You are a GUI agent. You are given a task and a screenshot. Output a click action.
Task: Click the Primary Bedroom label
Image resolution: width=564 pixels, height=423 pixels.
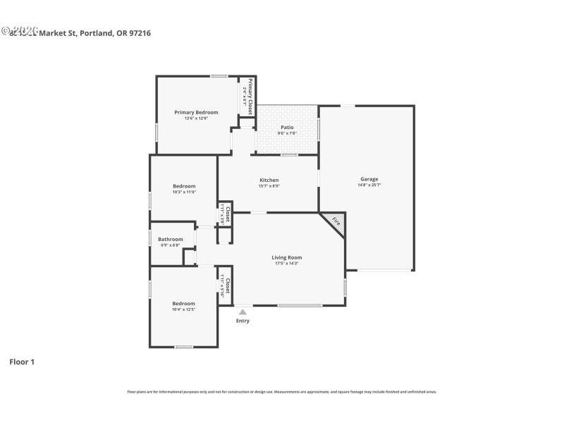196,112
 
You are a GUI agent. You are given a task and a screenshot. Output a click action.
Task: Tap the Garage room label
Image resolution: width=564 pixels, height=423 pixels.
369,179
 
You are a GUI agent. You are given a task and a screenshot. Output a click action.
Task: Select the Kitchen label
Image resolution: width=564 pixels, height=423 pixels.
269,180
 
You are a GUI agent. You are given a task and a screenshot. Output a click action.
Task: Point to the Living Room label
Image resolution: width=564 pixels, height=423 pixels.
286,257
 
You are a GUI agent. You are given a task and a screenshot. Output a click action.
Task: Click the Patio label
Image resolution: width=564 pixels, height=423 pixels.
286,128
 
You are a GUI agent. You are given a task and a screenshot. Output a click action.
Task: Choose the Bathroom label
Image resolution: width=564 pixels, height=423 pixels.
170,239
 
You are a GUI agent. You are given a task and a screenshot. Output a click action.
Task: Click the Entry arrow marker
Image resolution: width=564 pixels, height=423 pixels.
243,312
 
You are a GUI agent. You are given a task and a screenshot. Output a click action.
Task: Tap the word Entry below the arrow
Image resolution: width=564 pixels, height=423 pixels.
243,321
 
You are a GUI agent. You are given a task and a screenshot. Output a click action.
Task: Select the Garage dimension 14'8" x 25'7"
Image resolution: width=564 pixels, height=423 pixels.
369,185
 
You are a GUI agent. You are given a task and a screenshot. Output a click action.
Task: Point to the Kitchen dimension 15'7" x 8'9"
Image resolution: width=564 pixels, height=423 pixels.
269,186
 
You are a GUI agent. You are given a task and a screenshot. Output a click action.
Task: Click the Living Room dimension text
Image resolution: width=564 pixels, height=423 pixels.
286,264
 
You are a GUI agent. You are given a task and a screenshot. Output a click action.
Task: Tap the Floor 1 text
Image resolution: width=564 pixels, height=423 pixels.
22,362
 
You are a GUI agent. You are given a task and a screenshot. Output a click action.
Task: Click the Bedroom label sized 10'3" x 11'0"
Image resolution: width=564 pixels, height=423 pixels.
184,186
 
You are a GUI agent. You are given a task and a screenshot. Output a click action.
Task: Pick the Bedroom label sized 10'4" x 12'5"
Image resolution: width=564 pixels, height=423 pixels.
184,303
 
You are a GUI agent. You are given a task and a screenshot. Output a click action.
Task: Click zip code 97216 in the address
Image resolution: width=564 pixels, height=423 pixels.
138,32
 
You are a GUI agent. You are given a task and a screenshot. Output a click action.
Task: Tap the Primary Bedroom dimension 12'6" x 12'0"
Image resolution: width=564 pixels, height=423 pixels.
196,118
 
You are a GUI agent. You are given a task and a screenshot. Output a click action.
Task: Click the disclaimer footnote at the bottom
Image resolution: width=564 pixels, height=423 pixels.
281,391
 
